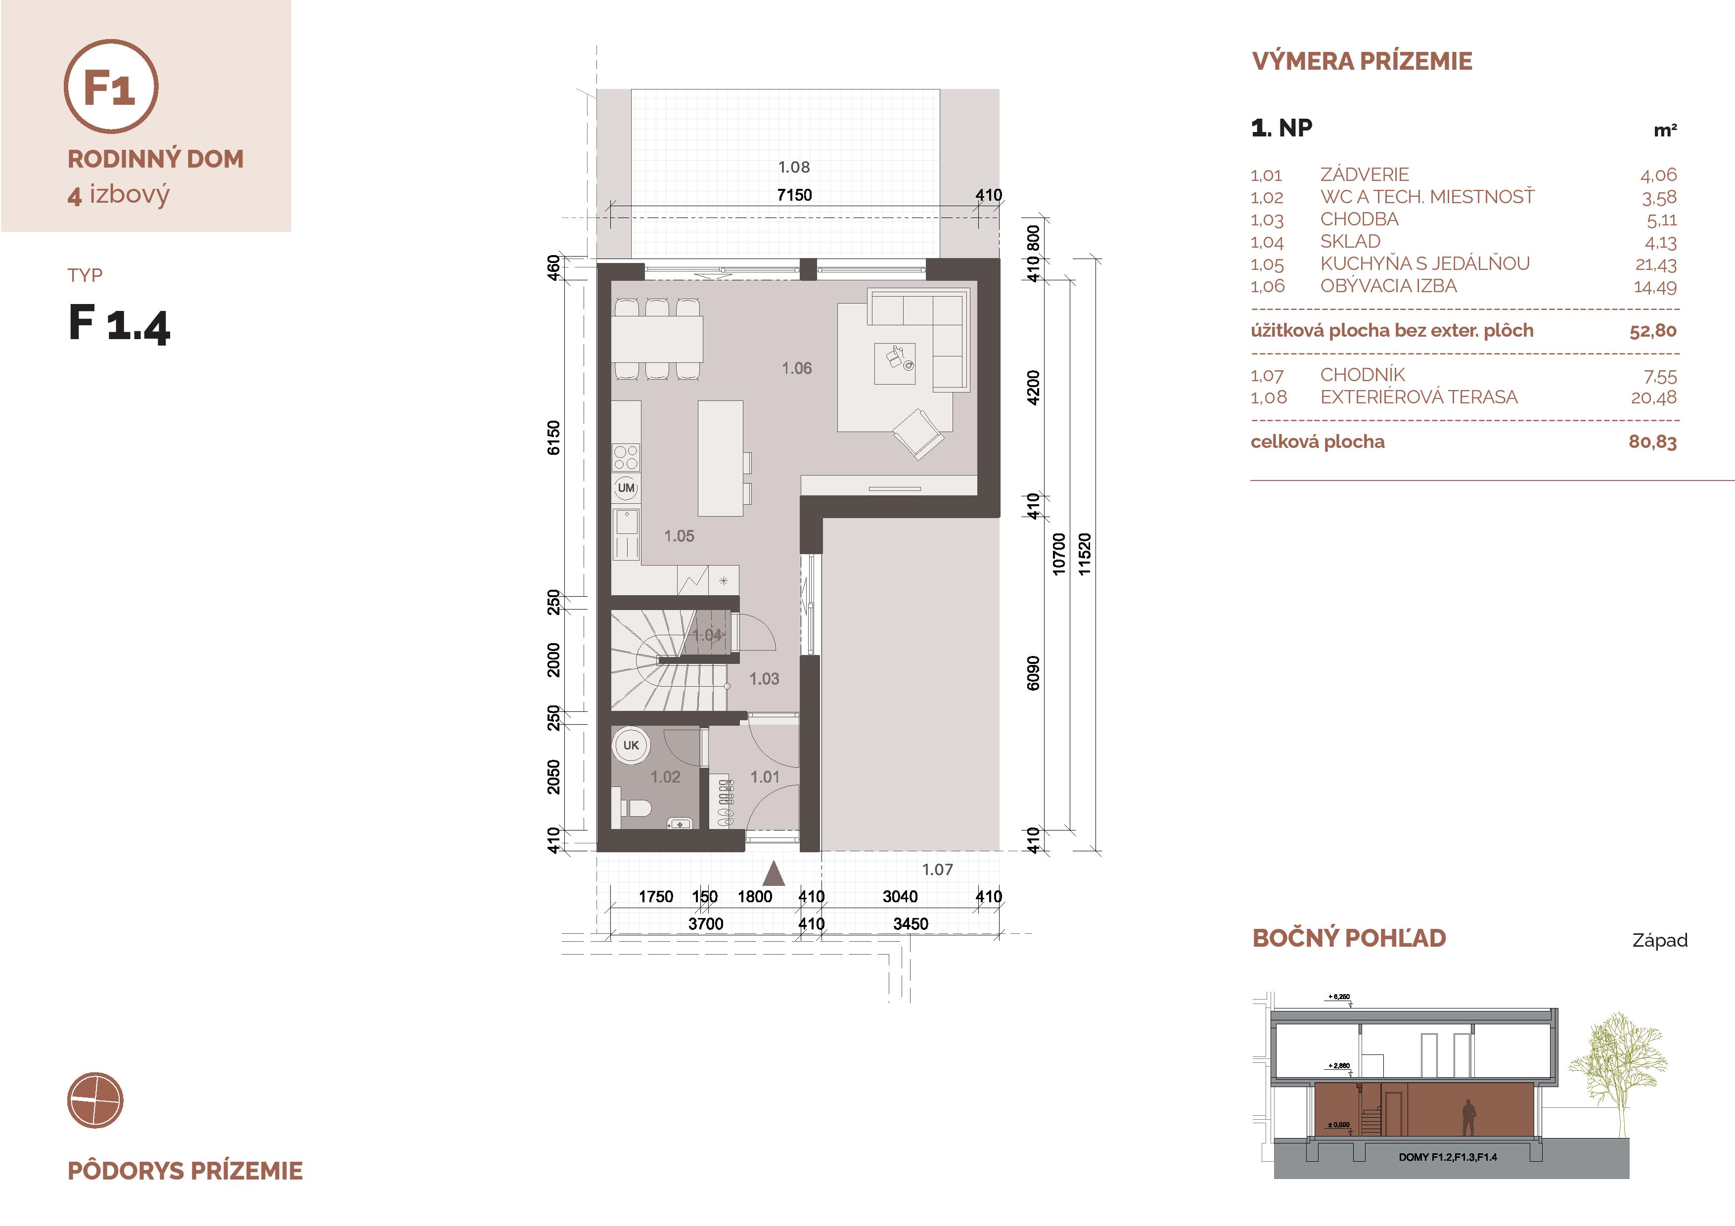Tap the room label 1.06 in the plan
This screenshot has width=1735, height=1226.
796,369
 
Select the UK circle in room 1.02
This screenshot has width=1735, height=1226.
631,745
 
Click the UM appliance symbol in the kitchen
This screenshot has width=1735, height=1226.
626,488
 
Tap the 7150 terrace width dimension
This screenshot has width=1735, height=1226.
794,195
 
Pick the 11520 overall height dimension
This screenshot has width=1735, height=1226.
1084,555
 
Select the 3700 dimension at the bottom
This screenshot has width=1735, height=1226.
706,924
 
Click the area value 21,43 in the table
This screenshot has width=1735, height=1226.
1656,265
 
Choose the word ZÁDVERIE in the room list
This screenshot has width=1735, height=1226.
1365,175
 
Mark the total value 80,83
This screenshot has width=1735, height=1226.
1652,442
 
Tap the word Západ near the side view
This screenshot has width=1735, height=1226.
1659,940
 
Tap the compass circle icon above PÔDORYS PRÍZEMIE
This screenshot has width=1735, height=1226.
95,1100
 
